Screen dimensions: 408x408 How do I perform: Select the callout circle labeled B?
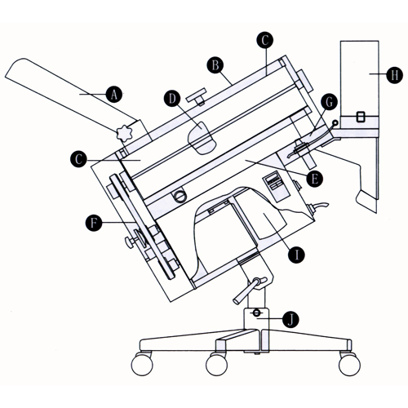tap(215, 62)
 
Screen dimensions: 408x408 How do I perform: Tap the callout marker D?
tap(172, 98)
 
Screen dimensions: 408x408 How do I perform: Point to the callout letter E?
tap(315, 176)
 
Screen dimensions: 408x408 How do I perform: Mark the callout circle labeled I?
tap(299, 255)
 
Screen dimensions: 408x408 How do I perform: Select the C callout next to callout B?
tap(263, 38)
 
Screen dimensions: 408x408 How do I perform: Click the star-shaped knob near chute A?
tap(126, 131)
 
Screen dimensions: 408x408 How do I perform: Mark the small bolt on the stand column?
tap(257, 313)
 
